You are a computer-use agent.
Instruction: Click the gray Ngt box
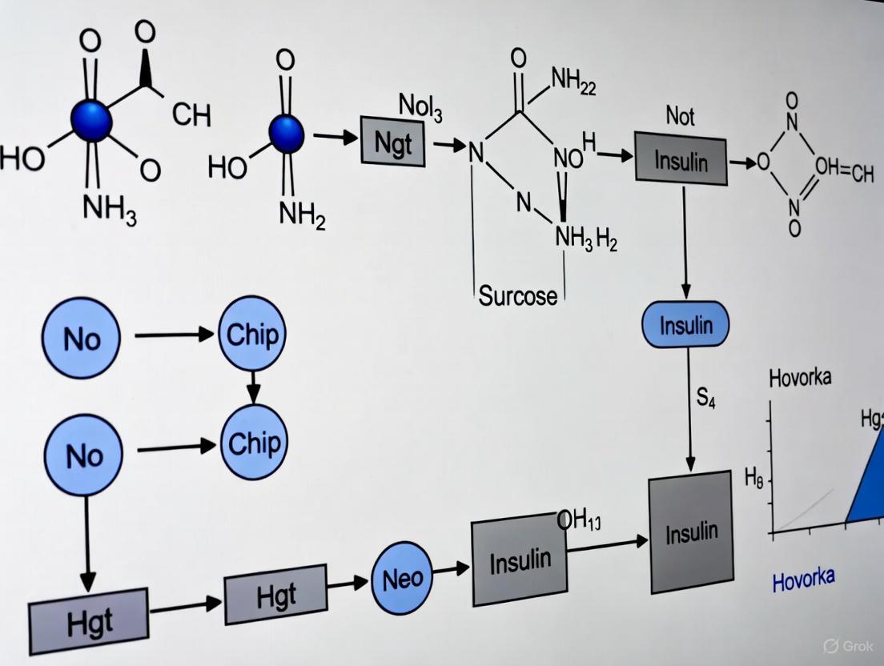click(392, 142)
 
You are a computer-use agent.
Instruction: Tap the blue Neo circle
click(402, 578)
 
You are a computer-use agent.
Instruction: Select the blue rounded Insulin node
click(685, 326)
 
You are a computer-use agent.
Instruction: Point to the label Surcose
click(517, 296)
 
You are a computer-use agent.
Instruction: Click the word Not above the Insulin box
click(680, 116)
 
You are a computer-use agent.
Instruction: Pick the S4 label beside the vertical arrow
click(705, 398)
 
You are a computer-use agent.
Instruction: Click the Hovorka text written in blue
click(803, 578)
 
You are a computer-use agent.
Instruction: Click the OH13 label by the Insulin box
click(578, 520)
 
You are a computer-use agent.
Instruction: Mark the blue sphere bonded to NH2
click(286, 134)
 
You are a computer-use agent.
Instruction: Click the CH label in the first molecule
click(191, 115)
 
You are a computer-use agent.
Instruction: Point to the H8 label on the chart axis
click(753, 479)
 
